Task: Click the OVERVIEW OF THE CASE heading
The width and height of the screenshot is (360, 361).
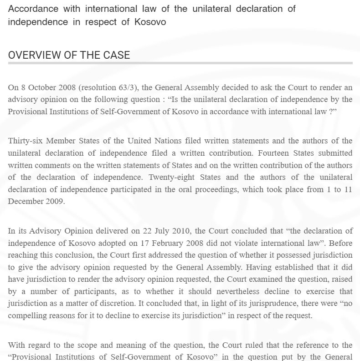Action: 69,55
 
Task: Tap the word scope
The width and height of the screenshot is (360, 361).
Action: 86,345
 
